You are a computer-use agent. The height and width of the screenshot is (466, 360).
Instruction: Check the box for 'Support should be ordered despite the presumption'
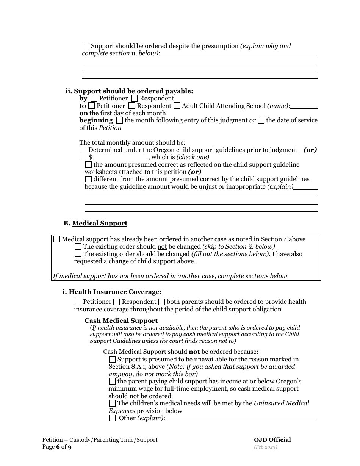click(86, 46)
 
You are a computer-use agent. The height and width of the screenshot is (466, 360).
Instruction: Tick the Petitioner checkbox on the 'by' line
click(94, 99)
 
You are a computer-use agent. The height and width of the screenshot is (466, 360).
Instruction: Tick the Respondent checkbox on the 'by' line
click(135, 99)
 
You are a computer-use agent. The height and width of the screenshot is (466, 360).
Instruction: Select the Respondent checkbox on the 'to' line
click(132, 106)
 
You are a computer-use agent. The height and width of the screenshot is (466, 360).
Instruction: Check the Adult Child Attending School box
click(177, 106)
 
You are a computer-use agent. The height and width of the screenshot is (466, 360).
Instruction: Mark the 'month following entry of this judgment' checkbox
click(119, 120)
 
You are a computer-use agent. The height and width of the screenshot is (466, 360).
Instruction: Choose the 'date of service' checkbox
click(261, 120)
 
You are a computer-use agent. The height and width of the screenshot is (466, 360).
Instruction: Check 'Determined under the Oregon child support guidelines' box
click(83, 150)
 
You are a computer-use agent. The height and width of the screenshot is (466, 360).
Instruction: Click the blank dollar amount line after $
click(121, 157)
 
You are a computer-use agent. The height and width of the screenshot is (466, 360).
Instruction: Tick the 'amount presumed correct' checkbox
click(88, 165)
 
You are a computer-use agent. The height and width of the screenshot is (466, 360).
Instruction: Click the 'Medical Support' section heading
click(100, 224)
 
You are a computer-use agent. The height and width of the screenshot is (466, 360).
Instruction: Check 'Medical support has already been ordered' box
click(57, 239)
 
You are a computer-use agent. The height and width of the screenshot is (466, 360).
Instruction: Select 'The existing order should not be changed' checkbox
click(78, 247)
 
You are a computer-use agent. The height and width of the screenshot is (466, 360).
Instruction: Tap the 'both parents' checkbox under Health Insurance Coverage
click(161, 302)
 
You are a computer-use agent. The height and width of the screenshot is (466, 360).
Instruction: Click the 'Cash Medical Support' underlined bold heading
click(121, 321)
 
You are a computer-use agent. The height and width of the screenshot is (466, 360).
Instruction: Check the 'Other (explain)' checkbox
click(112, 418)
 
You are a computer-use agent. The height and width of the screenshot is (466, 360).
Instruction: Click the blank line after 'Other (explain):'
click(242, 419)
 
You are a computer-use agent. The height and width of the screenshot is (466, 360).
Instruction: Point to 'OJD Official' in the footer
click(272, 440)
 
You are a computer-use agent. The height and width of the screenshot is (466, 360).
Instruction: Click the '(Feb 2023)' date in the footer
click(266, 447)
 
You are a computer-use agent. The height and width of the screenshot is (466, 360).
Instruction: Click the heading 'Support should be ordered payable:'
click(133, 91)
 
